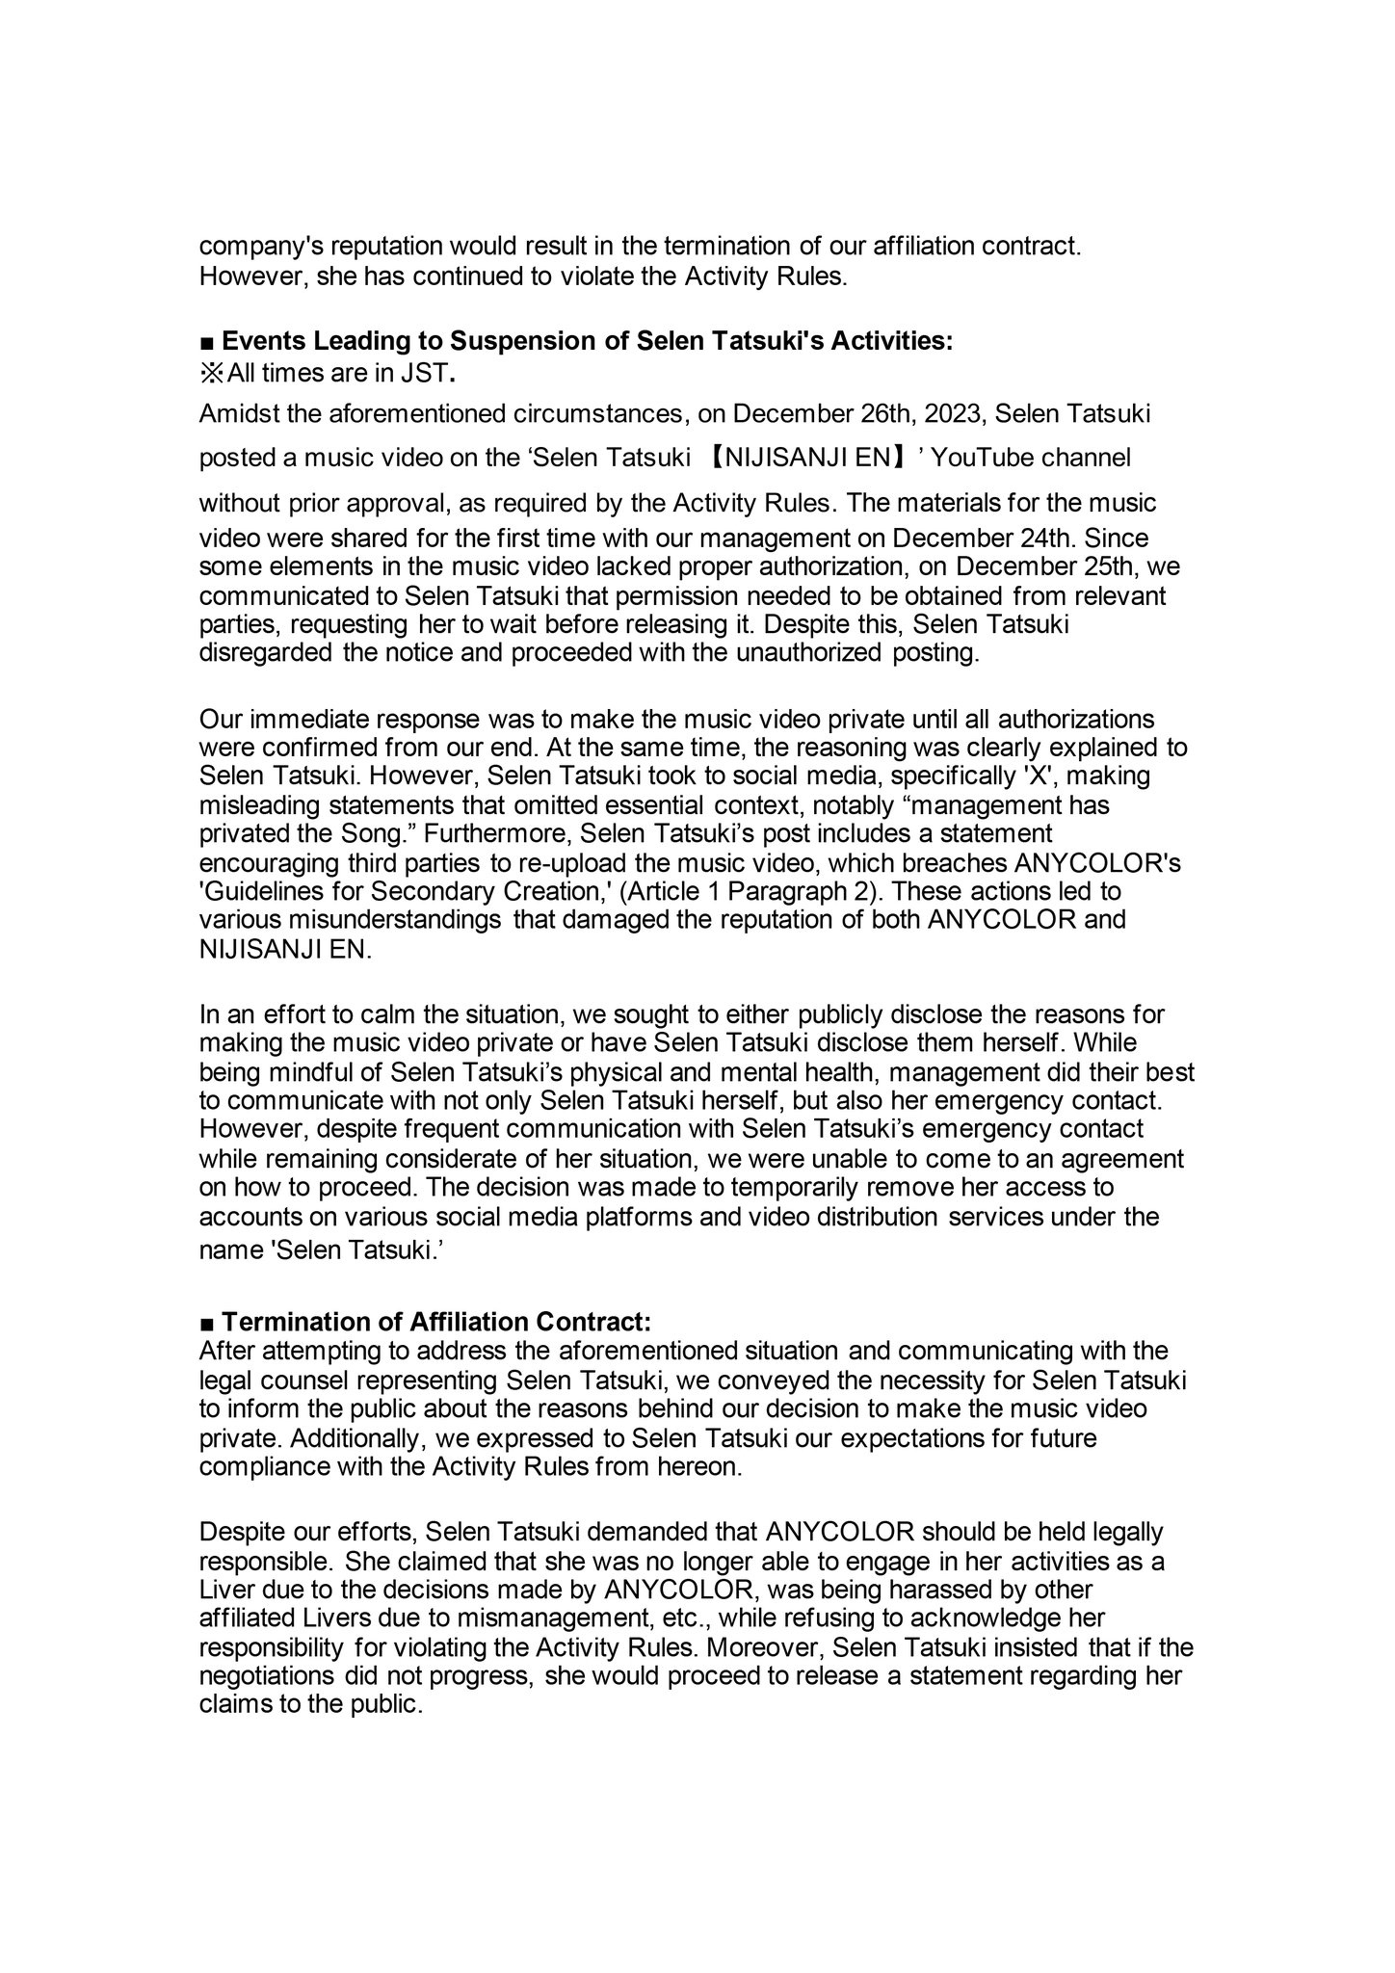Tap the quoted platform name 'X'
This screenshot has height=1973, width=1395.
click(x=1049, y=776)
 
